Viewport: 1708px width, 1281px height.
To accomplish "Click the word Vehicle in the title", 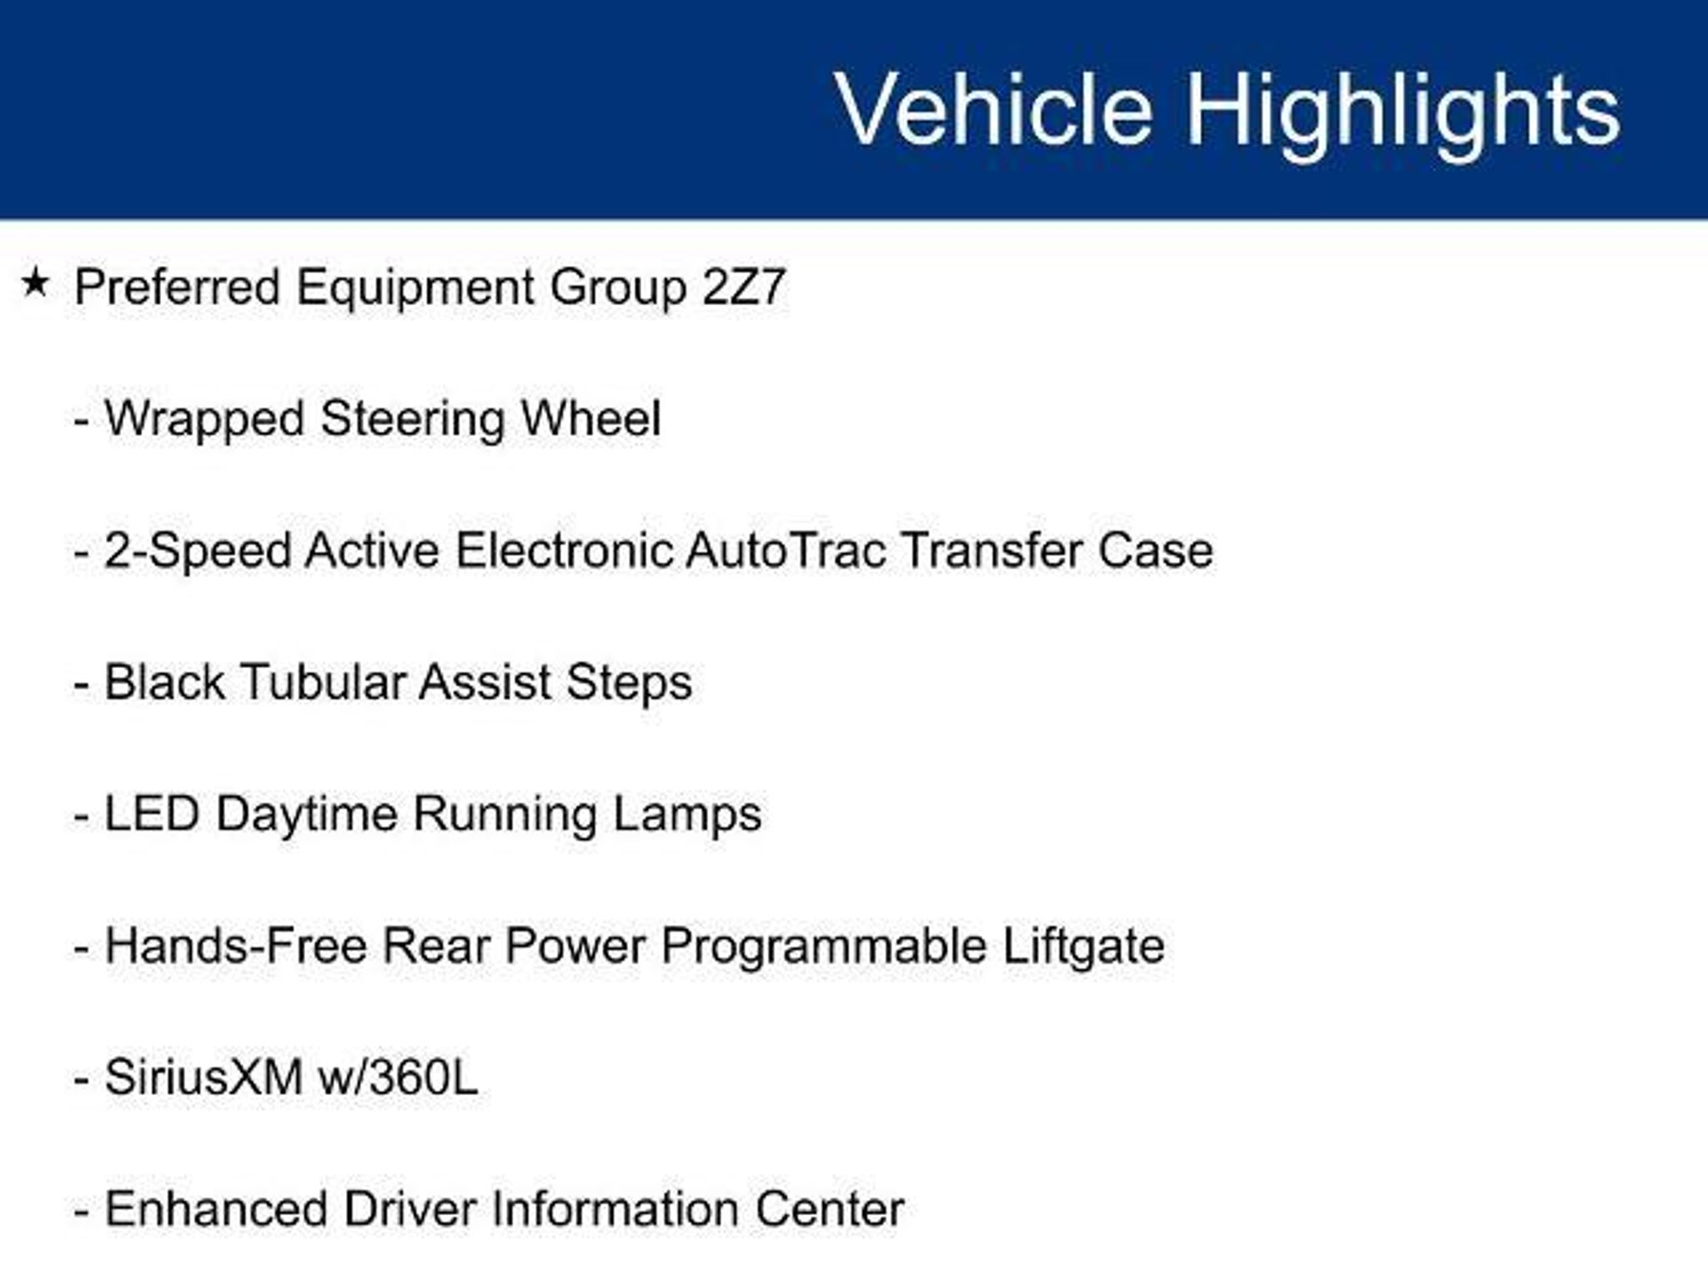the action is click(993, 109).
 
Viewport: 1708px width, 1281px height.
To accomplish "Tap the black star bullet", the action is click(35, 283).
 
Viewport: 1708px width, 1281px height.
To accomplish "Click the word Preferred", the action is click(178, 287).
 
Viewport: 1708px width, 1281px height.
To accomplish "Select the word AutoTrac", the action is click(786, 551).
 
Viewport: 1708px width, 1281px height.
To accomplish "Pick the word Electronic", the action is click(564, 551).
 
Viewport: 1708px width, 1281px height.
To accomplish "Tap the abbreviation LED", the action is click(152, 815).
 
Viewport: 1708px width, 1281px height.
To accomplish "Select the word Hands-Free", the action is click(236, 947).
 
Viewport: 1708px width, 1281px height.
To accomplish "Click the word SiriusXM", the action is click(203, 1078).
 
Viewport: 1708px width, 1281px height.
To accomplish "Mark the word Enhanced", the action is click(215, 1209).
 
